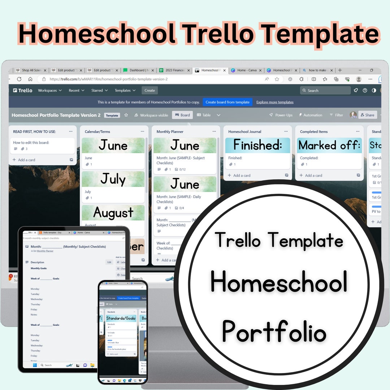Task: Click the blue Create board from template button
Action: point(227,102)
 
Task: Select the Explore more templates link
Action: point(275,102)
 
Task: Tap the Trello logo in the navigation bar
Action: point(23,90)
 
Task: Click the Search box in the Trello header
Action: point(325,90)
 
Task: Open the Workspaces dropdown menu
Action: point(50,90)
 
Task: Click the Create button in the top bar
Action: point(149,90)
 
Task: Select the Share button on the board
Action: point(367,115)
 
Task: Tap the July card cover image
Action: point(113,179)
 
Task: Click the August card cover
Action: point(113,213)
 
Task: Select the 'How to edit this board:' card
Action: point(42,146)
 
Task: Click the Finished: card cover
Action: point(257,145)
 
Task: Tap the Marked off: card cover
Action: point(329,145)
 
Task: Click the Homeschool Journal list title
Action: point(245,132)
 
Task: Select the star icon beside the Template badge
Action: point(126,115)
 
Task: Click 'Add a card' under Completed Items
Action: point(314,175)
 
